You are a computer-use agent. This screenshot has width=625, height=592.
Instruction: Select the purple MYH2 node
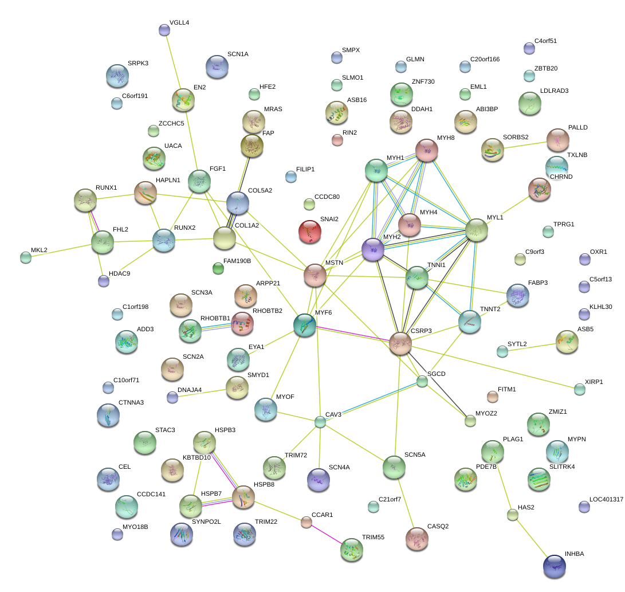pos(373,250)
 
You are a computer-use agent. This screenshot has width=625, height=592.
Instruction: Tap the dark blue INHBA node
pos(554,566)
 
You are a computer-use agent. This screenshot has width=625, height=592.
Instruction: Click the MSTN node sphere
pos(315,276)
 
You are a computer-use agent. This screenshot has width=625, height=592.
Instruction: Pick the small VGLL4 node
pos(164,30)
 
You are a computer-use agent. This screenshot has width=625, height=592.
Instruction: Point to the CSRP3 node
pos(400,343)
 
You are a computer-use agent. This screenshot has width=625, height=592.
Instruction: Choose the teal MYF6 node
pos(304,325)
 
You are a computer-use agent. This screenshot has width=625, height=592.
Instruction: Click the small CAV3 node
pos(320,422)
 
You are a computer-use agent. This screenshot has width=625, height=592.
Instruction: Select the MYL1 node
pos(477,230)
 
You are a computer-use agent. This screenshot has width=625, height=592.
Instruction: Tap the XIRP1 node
pos(580,390)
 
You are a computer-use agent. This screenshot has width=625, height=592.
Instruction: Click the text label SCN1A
pos(238,54)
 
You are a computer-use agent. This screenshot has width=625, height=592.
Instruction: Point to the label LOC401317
pos(602,500)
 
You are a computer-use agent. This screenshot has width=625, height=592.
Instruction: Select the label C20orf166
pos(485,59)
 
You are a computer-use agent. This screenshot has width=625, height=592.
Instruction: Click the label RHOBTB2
pos(268,311)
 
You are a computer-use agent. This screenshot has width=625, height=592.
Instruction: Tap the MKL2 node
pos(25,257)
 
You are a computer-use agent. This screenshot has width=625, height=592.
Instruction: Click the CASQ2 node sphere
pos(416,538)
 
